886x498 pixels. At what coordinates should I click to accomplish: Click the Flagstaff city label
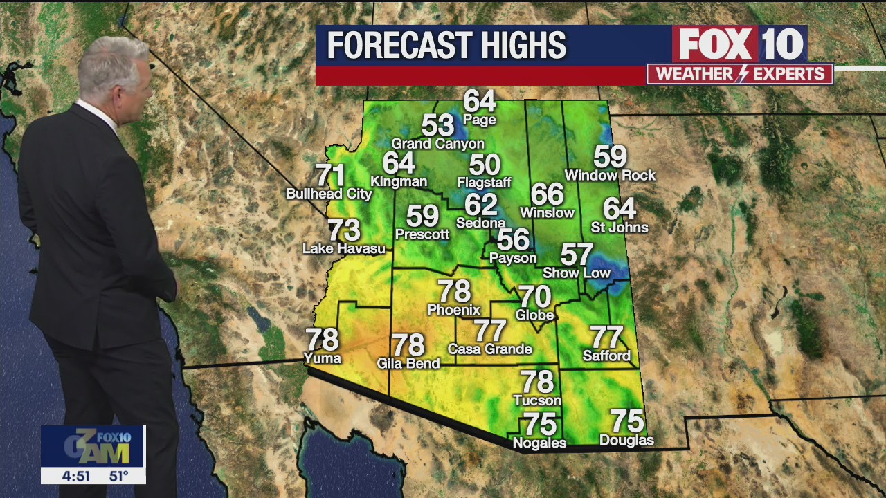click(484, 183)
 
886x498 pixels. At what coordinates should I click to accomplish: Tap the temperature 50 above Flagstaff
click(485, 165)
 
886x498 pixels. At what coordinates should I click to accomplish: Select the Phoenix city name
click(453, 309)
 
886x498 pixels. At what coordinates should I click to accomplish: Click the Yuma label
click(323, 358)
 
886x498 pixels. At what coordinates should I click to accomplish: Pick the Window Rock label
click(609, 175)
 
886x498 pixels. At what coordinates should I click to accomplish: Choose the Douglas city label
click(626, 440)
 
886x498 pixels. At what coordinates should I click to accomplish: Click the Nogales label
click(539, 443)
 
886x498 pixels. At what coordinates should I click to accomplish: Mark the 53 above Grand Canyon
click(437, 126)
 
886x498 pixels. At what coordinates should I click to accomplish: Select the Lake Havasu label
click(344, 248)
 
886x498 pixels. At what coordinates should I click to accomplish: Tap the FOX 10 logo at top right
click(739, 45)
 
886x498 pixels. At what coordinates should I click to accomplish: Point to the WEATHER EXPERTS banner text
click(739, 74)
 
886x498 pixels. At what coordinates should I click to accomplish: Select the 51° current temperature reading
click(118, 476)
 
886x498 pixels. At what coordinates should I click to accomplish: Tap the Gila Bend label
click(408, 363)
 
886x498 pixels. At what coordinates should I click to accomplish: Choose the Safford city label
click(606, 356)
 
